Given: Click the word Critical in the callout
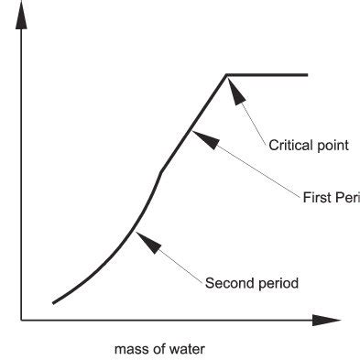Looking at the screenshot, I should click(x=288, y=145).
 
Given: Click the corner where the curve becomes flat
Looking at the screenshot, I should click(x=226, y=75).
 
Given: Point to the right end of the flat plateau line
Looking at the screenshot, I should click(x=307, y=75).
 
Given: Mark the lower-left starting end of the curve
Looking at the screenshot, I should click(x=54, y=301).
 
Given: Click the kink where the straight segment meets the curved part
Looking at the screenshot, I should click(x=161, y=170).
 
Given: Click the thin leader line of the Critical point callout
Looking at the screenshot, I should click(x=255, y=120).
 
